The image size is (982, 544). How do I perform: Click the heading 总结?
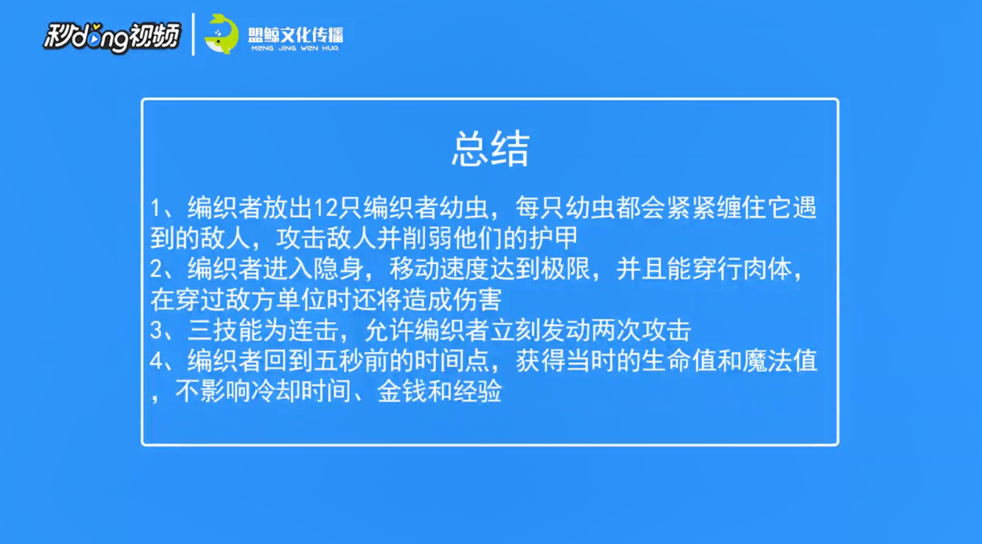point(490,149)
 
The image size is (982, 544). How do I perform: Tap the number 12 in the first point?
point(325,208)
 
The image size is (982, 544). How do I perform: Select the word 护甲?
point(553,238)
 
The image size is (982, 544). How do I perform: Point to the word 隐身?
point(339,269)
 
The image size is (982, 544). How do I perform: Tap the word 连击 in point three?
point(313,330)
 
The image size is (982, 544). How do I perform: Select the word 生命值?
point(678,361)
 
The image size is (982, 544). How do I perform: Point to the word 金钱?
point(402,391)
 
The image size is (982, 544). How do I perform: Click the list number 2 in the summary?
point(157,269)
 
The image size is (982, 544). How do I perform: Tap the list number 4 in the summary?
point(157,361)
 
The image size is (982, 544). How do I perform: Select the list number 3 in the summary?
point(157,330)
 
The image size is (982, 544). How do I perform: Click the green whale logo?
point(222,34)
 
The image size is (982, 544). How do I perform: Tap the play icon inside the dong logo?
point(94,40)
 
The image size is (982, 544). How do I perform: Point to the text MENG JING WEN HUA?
point(295,48)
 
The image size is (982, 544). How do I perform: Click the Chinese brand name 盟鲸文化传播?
point(296,35)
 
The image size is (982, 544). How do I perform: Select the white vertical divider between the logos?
point(193,34)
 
